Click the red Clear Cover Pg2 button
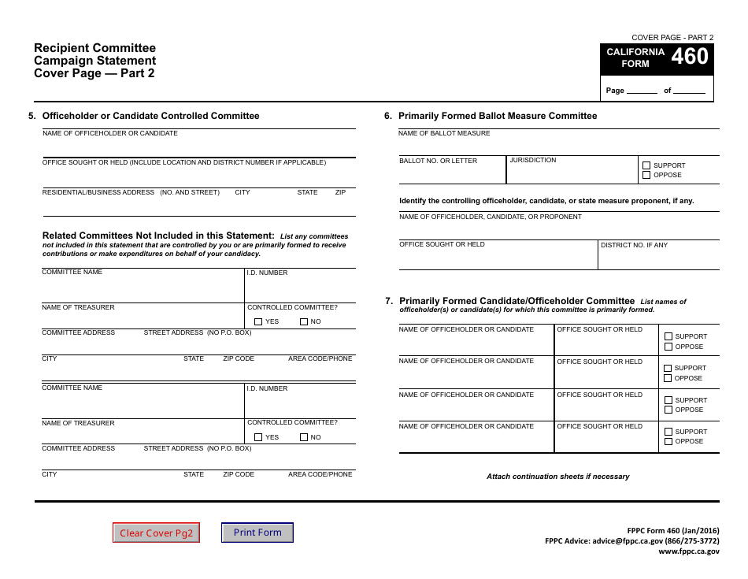pos(156,533)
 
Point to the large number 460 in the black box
pos(690,57)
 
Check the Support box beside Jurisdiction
pos(646,165)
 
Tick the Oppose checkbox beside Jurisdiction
pos(646,175)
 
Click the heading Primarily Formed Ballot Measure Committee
pos(497,116)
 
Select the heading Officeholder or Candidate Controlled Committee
pos(150,116)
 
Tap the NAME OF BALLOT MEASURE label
pos(444,133)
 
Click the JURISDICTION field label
pos(533,160)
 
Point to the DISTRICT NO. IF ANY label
pos(634,245)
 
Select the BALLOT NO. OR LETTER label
pos(439,161)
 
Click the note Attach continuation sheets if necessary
pos(557,477)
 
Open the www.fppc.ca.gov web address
pos(688,551)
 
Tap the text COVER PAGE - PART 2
pos(672,38)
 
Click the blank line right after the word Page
pos(642,91)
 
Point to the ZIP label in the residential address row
pos(340,192)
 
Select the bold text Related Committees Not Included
pos(157,236)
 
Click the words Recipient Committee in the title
pos(94,48)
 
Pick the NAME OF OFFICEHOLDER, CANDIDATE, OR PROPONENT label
pos(491,217)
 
